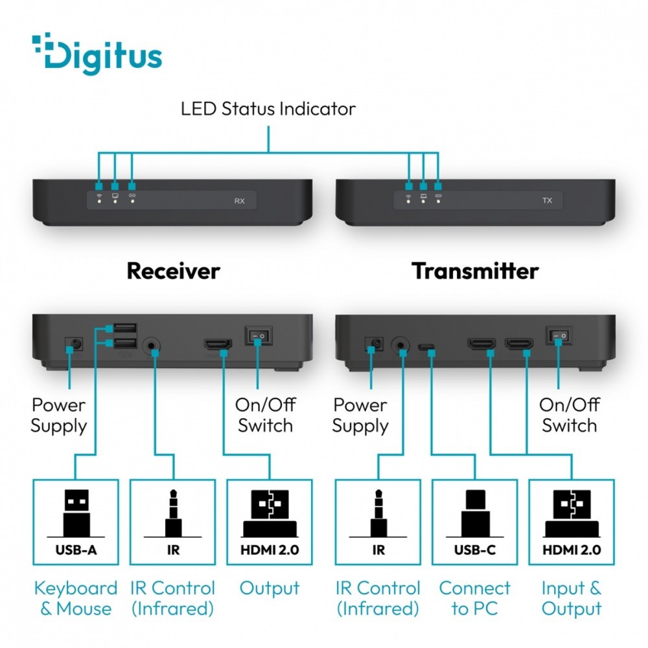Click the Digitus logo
tap(97, 55)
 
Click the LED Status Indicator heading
tap(268, 108)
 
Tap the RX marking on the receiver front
tap(239, 201)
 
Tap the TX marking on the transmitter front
tap(547, 201)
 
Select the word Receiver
tap(173, 271)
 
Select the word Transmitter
tap(475, 271)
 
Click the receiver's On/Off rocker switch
tap(257, 336)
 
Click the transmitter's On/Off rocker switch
tap(559, 336)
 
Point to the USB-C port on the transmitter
tap(426, 347)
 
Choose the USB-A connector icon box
tap(76, 522)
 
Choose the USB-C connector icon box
tap(475, 522)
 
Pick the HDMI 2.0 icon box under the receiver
tap(270, 522)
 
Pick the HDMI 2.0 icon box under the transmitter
tap(572, 522)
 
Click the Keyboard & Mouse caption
tap(76, 598)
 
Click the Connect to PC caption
tap(475, 598)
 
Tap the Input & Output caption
tap(572, 598)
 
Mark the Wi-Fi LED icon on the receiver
tap(99, 194)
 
